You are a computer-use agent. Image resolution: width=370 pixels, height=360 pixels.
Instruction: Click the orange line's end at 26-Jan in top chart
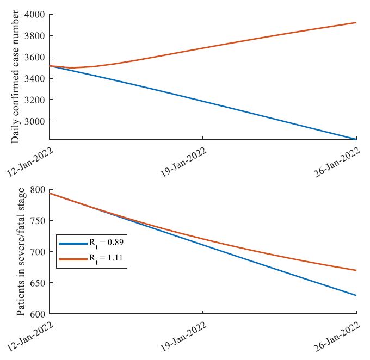tap(356, 23)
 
